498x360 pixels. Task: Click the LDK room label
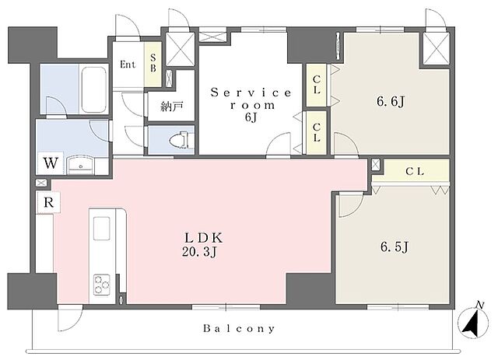pos(204,238)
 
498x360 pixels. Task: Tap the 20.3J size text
pos(199,252)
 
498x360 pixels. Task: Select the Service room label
pos(251,99)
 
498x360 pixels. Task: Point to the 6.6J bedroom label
pos(391,102)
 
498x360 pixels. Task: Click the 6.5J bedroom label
pos(395,246)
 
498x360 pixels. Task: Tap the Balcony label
pos(239,328)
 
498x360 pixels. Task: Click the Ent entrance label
pos(128,65)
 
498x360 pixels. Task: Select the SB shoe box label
pos(153,62)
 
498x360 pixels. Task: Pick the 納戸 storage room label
pos(172,107)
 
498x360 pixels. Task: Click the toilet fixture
pos(179,140)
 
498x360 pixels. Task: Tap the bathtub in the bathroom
pos(93,89)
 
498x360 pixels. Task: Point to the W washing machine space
pos(51,163)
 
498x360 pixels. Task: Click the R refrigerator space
pos(48,202)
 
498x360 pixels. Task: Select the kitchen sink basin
pos(102,229)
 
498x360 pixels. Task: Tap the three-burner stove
pos(102,285)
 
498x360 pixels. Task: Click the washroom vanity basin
pos(81,165)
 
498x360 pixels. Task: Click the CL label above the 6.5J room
pos(415,172)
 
